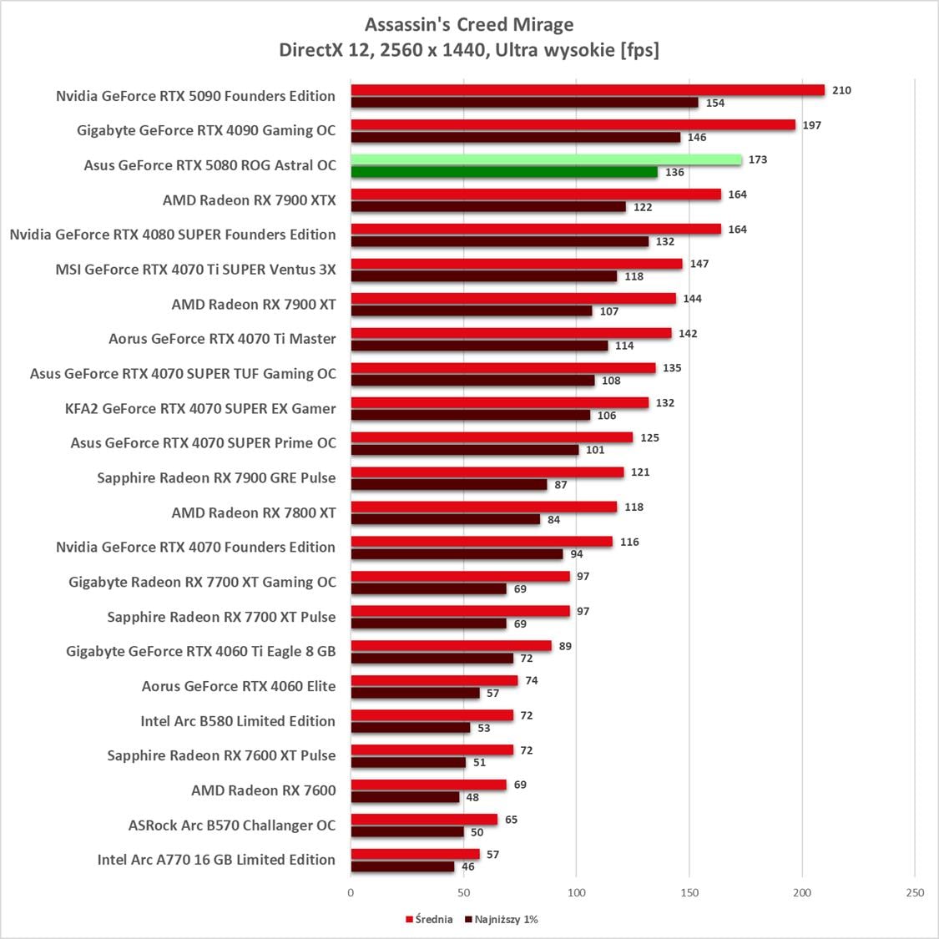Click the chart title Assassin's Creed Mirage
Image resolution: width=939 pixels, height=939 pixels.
click(x=469, y=25)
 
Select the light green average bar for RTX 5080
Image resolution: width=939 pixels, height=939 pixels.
click(x=546, y=159)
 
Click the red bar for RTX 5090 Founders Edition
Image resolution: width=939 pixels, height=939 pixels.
click(x=587, y=90)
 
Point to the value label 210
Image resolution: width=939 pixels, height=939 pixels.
click(x=841, y=90)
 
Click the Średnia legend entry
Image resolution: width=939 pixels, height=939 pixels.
click(x=430, y=919)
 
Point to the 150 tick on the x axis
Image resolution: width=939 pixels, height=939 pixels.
click(x=689, y=892)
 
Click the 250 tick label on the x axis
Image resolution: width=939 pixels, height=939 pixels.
click(x=915, y=892)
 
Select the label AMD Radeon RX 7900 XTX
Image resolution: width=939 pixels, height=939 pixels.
click(x=249, y=200)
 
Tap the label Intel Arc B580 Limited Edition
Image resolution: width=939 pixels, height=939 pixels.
click(x=237, y=721)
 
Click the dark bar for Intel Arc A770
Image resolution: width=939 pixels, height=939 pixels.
click(x=402, y=866)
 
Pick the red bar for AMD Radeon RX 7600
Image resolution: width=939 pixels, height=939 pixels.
click(x=428, y=785)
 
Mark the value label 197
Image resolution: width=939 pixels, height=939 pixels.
click(x=812, y=125)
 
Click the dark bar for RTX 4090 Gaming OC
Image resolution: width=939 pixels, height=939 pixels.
click(x=515, y=138)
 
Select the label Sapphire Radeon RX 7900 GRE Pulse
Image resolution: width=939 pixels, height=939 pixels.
click(x=216, y=478)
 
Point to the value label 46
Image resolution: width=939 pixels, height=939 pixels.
click(x=468, y=866)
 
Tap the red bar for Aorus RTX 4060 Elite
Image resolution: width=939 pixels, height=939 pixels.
click(x=434, y=680)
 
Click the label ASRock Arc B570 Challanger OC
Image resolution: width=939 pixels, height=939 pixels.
click(x=231, y=825)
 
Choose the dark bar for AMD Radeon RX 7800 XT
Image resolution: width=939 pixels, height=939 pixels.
click(x=445, y=519)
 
